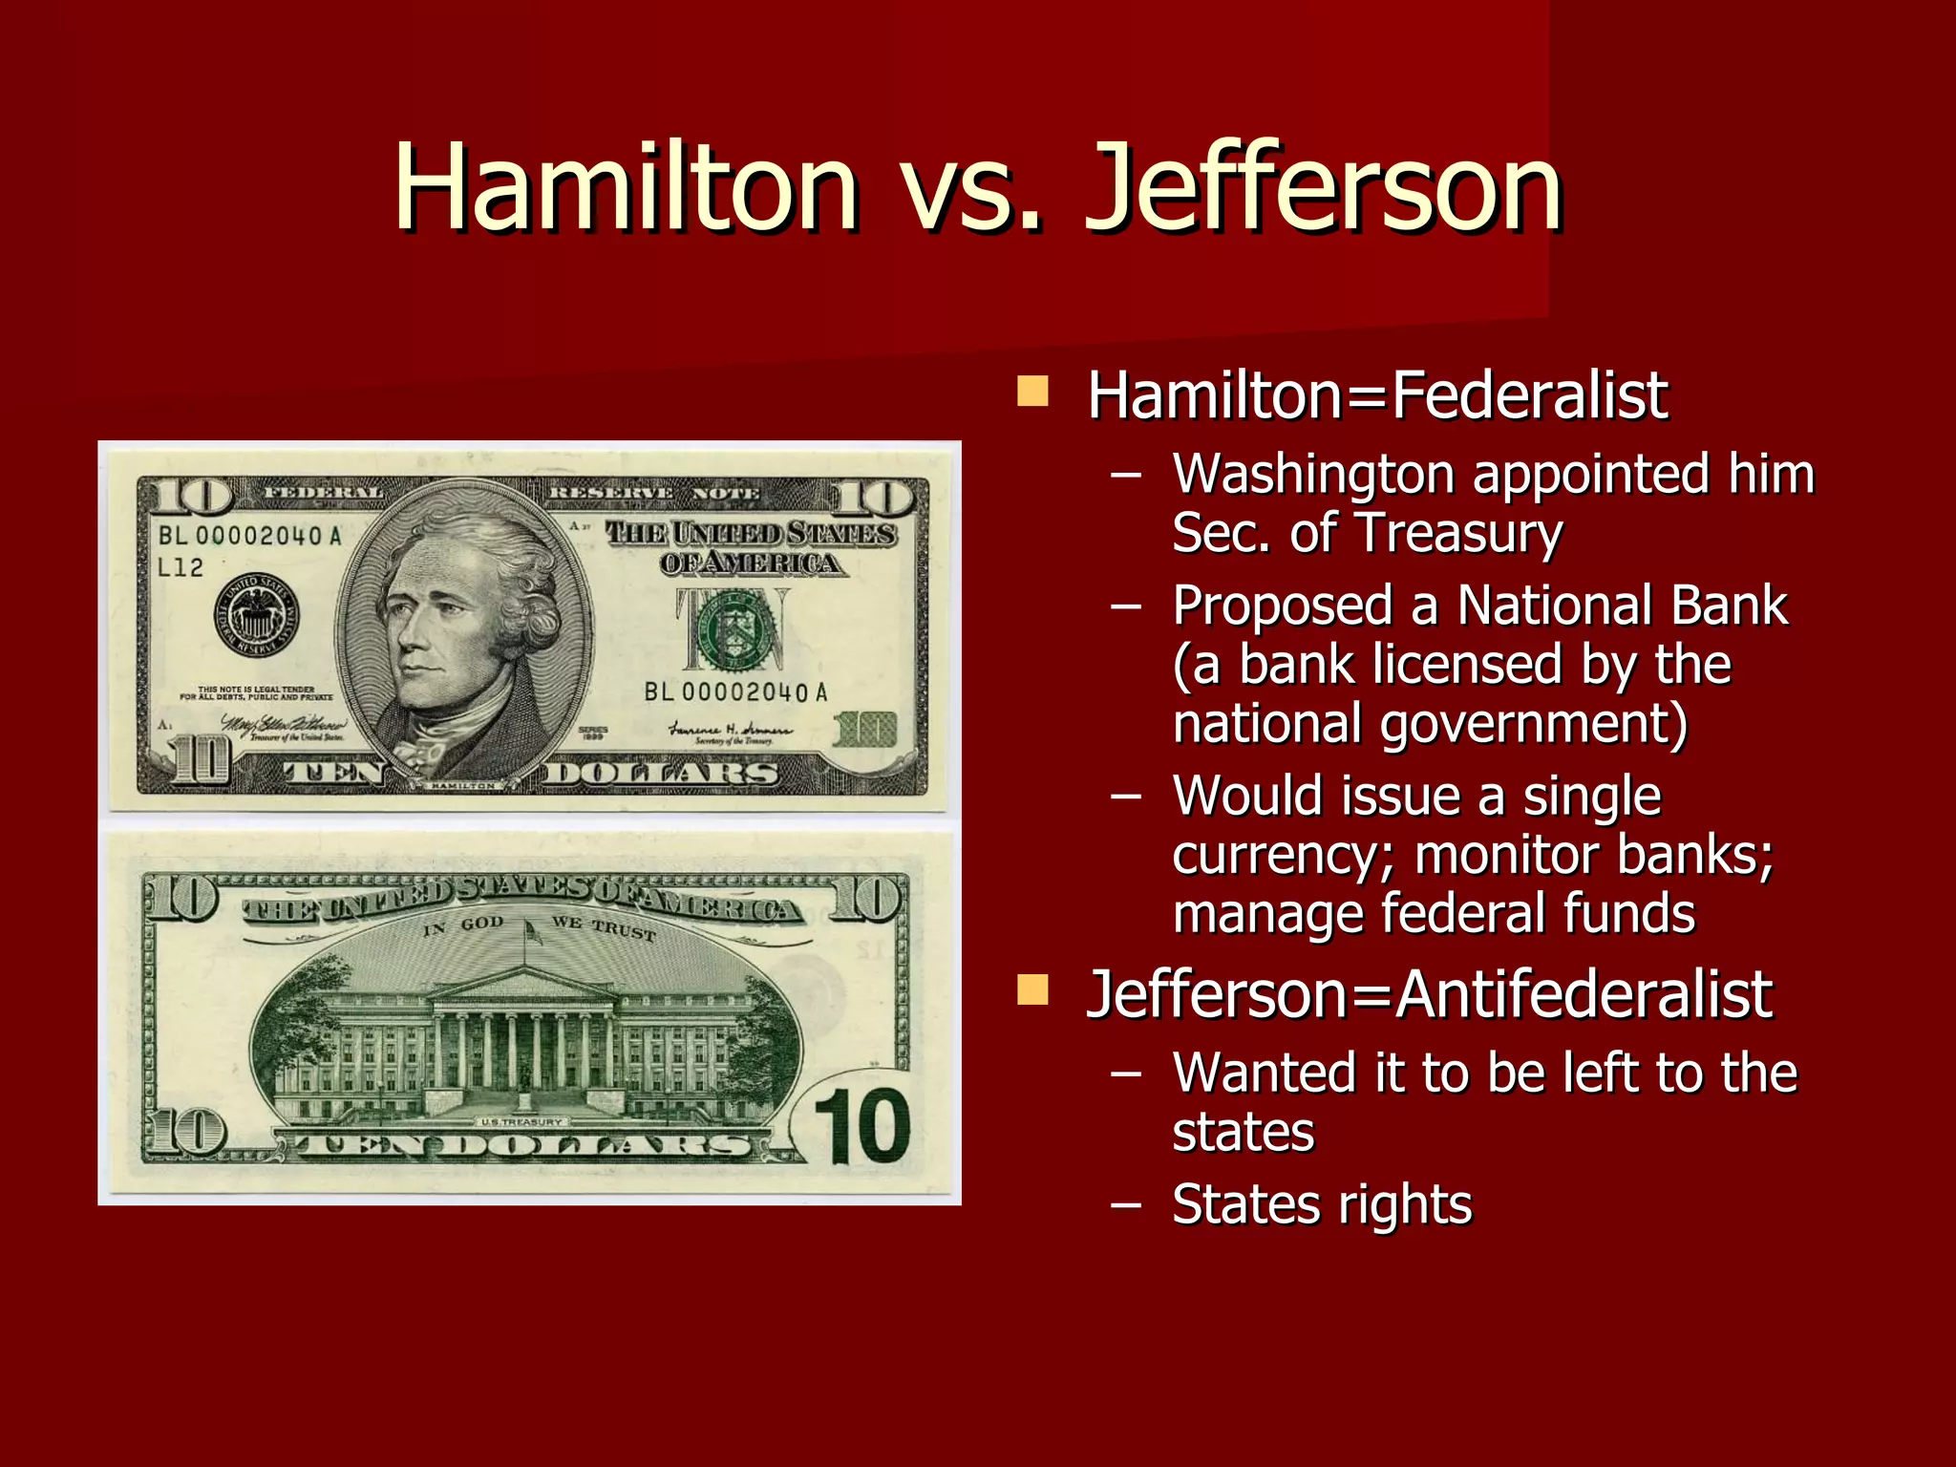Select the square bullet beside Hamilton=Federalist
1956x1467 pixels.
click(1032, 391)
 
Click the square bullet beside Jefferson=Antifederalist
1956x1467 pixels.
click(1032, 990)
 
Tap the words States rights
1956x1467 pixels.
click(1322, 1204)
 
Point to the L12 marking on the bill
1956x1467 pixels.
click(181, 567)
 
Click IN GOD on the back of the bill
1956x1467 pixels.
click(463, 925)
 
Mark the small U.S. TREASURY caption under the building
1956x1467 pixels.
click(521, 1121)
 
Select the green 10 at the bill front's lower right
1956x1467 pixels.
click(865, 730)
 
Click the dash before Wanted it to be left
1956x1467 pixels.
click(1126, 1074)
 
